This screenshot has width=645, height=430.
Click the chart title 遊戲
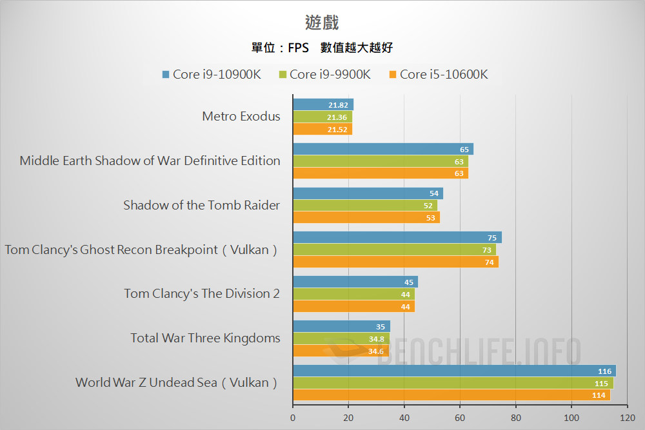pyautogui.click(x=322, y=23)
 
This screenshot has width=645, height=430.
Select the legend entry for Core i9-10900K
pyautogui.click(x=211, y=74)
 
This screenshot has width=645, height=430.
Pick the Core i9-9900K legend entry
pyautogui.click(x=324, y=74)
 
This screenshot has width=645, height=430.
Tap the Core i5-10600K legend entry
pyautogui.click(x=437, y=74)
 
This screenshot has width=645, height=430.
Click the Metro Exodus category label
pyautogui.click(x=241, y=117)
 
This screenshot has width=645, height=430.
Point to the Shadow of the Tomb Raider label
pyautogui.click(x=202, y=206)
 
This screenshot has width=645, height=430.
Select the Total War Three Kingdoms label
pyautogui.click(x=205, y=338)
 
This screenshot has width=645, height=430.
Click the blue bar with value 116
pyautogui.click(x=454, y=371)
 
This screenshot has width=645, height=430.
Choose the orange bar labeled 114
pyautogui.click(x=451, y=395)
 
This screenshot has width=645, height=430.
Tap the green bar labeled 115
pyautogui.click(x=453, y=383)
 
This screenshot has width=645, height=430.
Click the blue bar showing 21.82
pyautogui.click(x=322, y=104)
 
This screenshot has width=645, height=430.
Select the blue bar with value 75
pyautogui.click(x=397, y=237)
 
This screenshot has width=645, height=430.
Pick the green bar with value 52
pyautogui.click(x=364, y=206)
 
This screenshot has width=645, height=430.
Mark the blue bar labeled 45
pyautogui.click(x=355, y=282)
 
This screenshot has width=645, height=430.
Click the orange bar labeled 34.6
pyautogui.click(x=341, y=351)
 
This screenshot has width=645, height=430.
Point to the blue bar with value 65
pyautogui.click(x=382, y=149)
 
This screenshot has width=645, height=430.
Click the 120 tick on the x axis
pyautogui.click(x=626, y=417)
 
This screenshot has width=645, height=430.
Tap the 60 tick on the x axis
pyautogui.click(x=460, y=417)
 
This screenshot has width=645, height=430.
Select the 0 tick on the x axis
pyautogui.click(x=293, y=417)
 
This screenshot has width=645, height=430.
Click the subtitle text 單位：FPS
pyautogui.click(x=280, y=48)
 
